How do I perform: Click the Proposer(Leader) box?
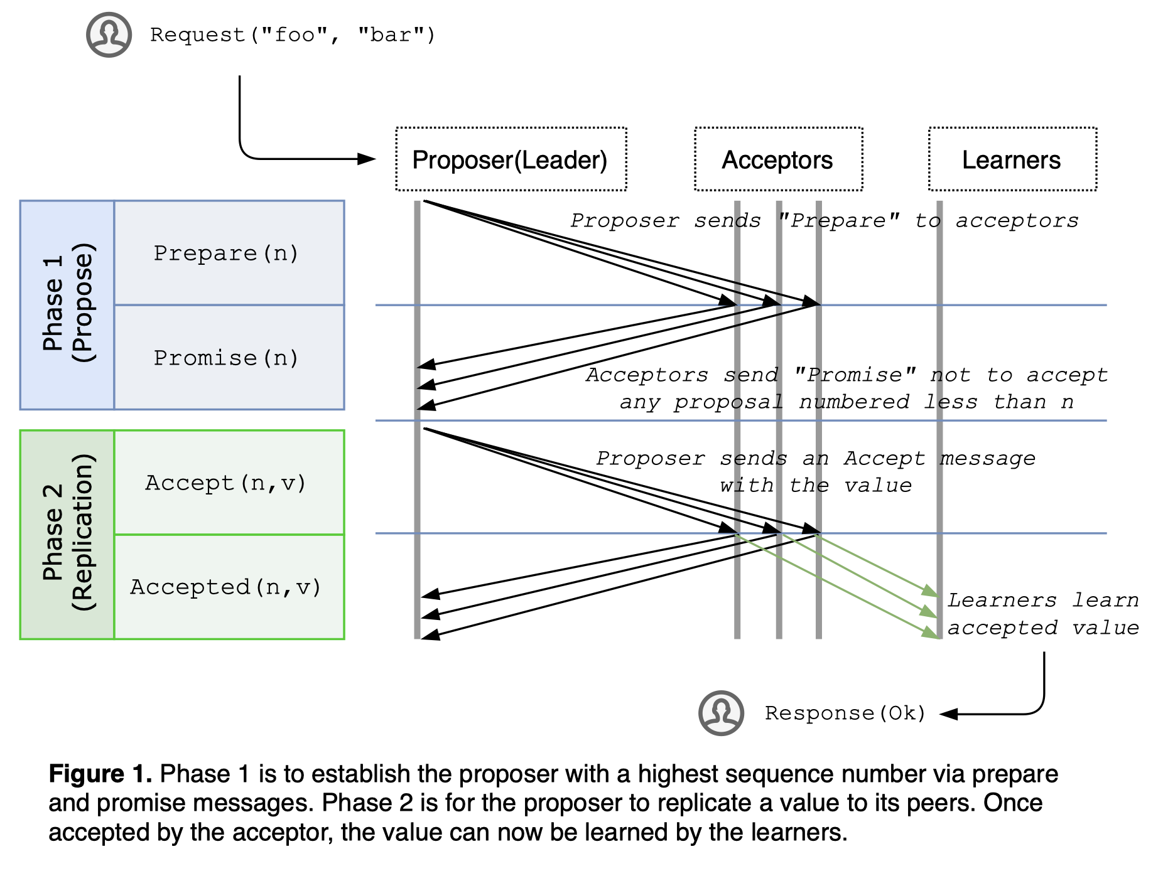(511, 159)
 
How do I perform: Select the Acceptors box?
(777, 159)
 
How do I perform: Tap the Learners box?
(1012, 159)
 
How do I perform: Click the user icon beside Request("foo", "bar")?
(109, 35)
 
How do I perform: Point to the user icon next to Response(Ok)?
(721, 713)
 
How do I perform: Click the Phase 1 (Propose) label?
(67, 305)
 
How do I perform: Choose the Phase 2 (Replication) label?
(67, 534)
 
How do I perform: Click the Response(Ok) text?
(845, 713)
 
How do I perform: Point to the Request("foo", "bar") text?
(292, 35)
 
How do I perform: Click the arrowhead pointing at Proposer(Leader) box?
(367, 159)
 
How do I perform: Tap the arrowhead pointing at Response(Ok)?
(948, 714)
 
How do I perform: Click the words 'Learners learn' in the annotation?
(1042, 601)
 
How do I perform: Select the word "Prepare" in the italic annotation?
(838, 221)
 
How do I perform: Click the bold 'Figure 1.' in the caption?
(100, 774)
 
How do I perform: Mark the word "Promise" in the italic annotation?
(855, 375)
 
